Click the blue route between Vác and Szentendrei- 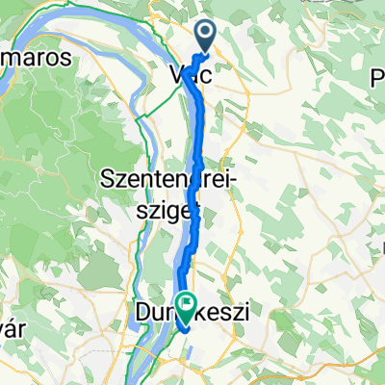[x=199, y=135]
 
